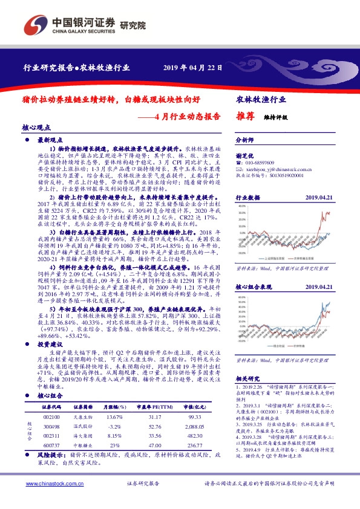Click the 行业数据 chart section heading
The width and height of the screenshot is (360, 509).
pos(247,198)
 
